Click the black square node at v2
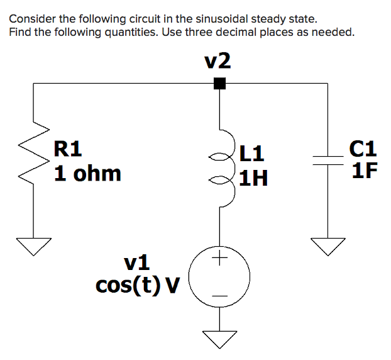pos(219,83)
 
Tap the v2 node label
pos(218,60)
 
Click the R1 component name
pos(68,150)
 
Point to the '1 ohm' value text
pos(87,173)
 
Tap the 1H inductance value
pos(254,179)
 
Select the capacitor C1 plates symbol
pos(327,160)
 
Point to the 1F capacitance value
pos(365,171)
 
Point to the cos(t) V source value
pos(137,285)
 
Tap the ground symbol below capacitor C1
pos(327,246)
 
